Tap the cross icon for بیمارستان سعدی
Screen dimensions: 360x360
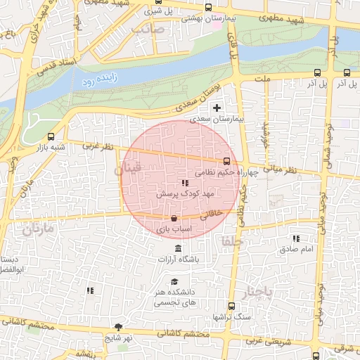point(217,108)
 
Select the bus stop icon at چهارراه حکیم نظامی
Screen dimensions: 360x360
point(226,161)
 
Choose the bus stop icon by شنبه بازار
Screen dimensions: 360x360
point(50,137)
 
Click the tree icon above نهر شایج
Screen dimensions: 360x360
point(117,327)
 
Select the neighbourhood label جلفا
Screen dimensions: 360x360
point(231,241)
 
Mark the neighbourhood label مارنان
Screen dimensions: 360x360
point(37,229)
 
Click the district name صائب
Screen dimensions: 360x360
point(147,30)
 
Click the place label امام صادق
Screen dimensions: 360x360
point(300,249)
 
